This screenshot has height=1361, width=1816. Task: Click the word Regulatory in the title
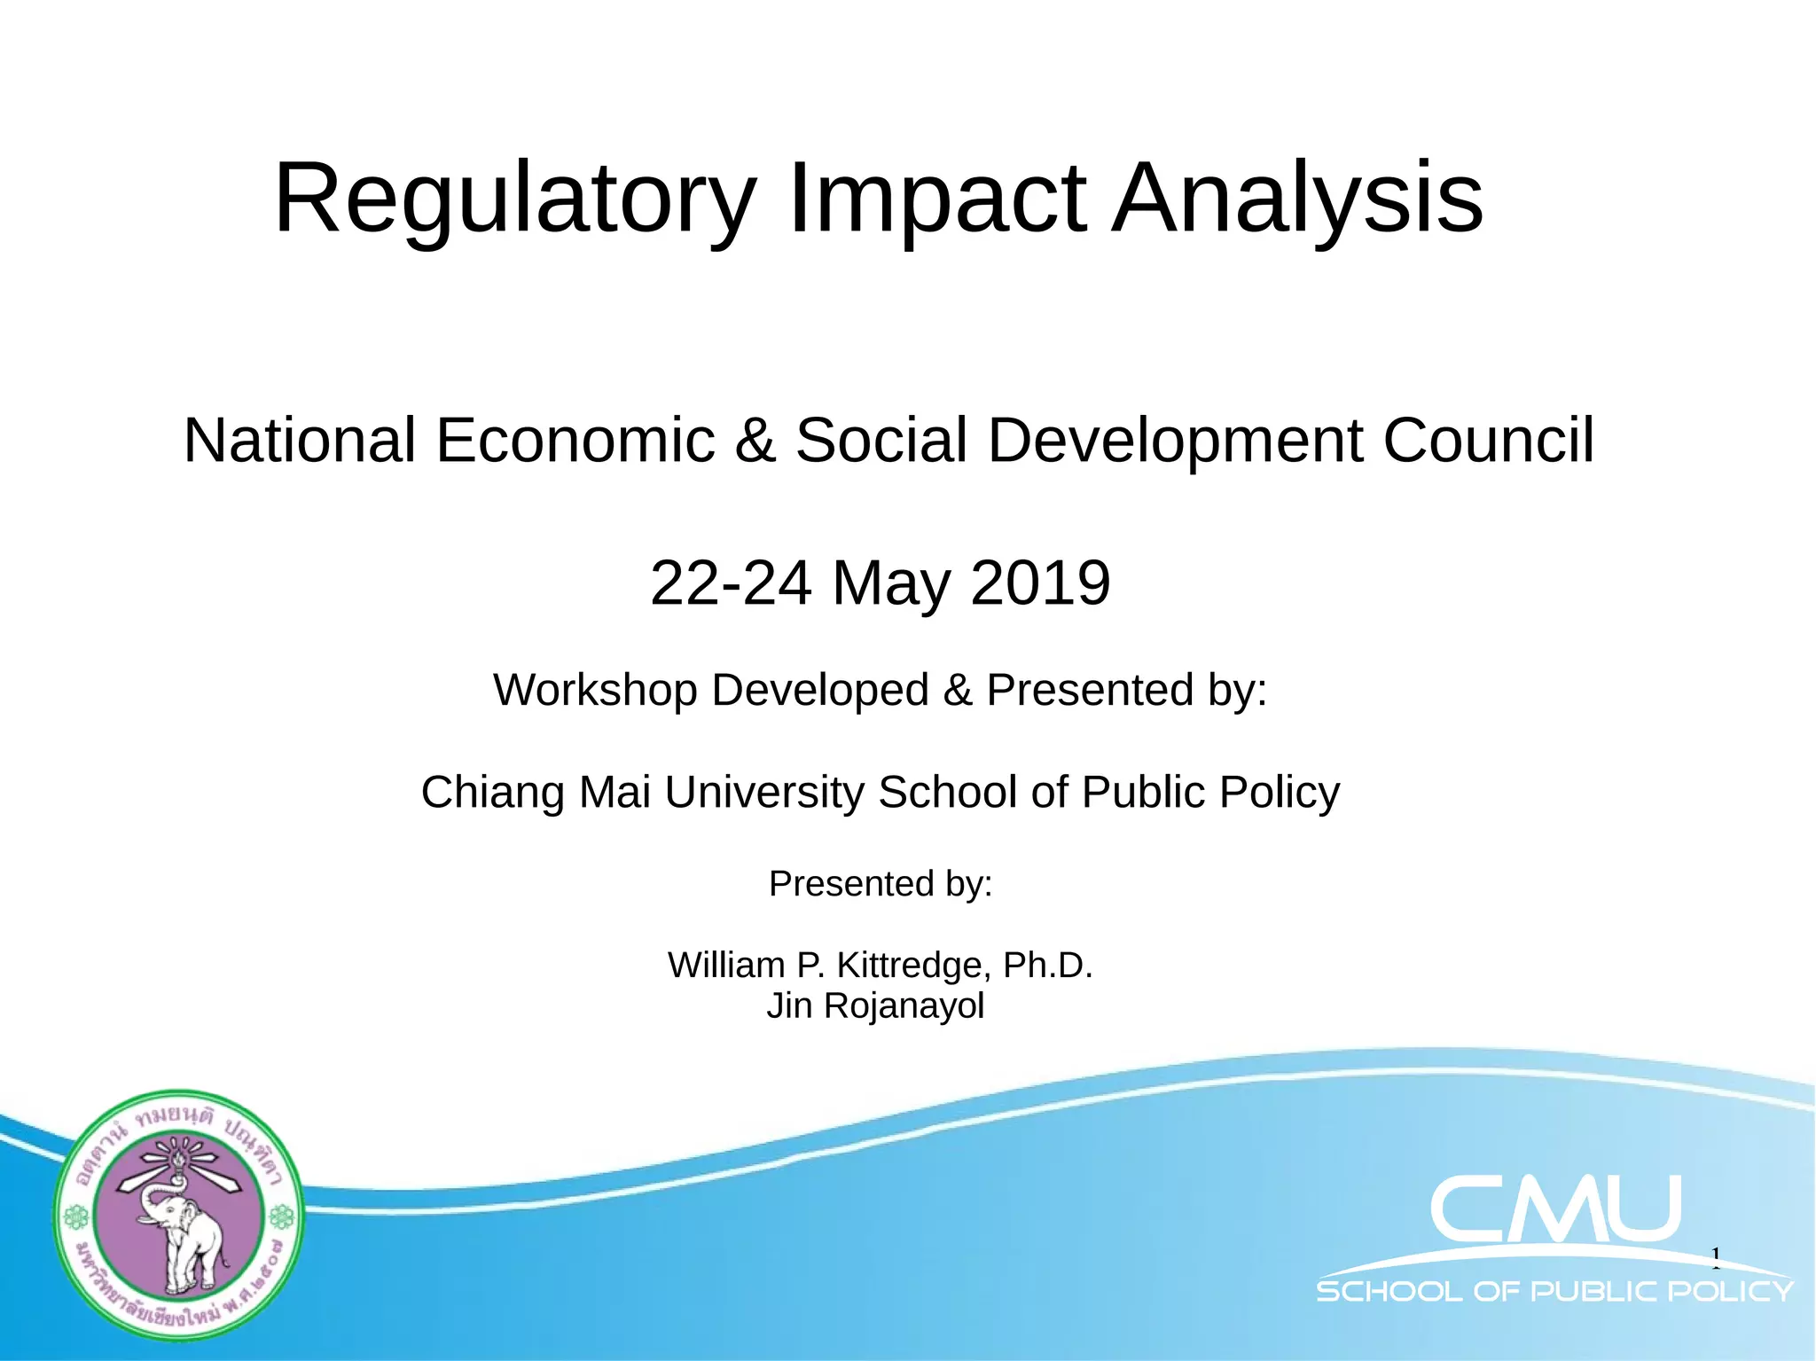pyautogui.click(x=514, y=199)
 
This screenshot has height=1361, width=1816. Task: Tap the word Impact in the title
pyautogui.click(x=936, y=199)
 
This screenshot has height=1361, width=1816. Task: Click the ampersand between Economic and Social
pyautogui.click(x=755, y=441)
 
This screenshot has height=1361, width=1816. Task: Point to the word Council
pyautogui.click(x=1488, y=441)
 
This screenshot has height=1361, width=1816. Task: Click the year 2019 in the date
pyautogui.click(x=1040, y=583)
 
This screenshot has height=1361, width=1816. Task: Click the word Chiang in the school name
pyautogui.click(x=490, y=793)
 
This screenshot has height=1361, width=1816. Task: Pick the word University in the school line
pyautogui.click(x=763, y=793)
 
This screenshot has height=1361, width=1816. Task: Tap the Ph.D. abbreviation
pyautogui.click(x=1047, y=965)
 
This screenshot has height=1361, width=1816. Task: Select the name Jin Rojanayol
pyautogui.click(x=875, y=1006)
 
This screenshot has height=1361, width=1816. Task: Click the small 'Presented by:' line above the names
pyautogui.click(x=880, y=884)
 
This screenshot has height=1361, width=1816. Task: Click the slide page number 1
pyautogui.click(x=1716, y=1255)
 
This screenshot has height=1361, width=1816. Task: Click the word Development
pyautogui.click(x=1175, y=441)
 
